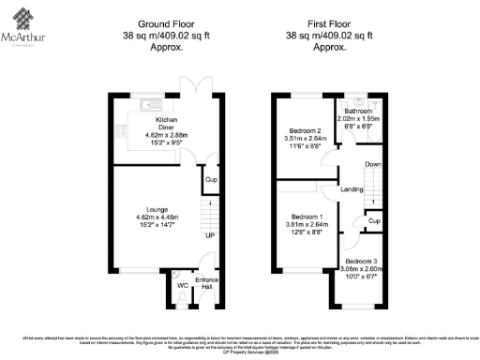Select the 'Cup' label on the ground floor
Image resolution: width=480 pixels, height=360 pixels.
pyautogui.click(x=211, y=178)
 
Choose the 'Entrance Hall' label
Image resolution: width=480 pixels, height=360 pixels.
pyautogui.click(x=206, y=283)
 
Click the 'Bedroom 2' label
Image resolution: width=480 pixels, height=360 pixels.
pyautogui.click(x=305, y=130)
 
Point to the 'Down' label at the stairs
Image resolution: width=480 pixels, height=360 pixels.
pyautogui.click(x=372, y=164)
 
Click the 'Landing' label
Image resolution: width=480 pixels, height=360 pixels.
pyautogui.click(x=352, y=189)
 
